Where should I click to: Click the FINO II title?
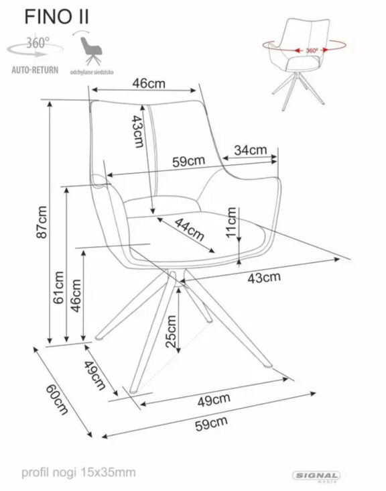click(x=56, y=17)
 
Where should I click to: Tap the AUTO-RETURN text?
click(x=35, y=70)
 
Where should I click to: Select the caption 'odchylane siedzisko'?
click(x=92, y=72)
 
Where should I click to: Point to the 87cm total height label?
click(x=42, y=222)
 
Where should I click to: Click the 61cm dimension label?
click(x=58, y=287)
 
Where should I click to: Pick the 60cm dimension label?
click(x=57, y=399)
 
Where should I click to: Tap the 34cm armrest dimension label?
click(x=251, y=150)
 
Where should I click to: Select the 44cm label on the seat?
click(x=189, y=229)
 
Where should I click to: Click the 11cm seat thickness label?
click(x=231, y=222)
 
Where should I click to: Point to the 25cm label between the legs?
click(x=171, y=331)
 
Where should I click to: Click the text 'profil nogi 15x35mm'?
click(x=78, y=472)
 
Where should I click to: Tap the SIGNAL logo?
click(x=316, y=476)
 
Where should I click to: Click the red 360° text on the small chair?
click(x=312, y=50)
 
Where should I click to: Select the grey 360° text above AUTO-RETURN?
click(x=38, y=43)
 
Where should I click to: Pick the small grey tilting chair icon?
click(x=90, y=50)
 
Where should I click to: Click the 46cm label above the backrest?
click(x=149, y=83)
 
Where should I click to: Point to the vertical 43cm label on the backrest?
click(x=137, y=131)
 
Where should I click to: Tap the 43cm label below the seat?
click(x=264, y=278)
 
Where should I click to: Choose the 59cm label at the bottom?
click(x=211, y=424)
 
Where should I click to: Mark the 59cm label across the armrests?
click(x=188, y=161)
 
